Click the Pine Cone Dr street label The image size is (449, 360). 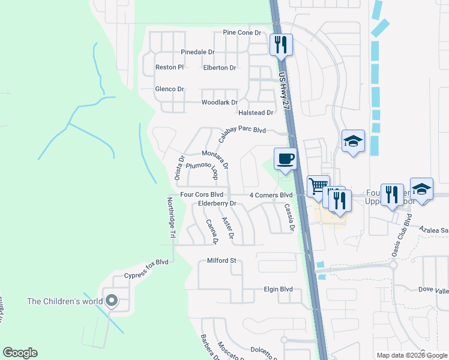(x=242, y=32)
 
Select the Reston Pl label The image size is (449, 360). (x=169, y=67)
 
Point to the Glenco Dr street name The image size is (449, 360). (x=169, y=89)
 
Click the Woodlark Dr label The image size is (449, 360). (x=219, y=103)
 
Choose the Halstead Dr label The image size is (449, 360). (x=256, y=112)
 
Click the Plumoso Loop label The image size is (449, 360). (x=200, y=170)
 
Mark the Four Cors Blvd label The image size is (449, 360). (x=202, y=194)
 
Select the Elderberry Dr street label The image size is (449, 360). (x=218, y=204)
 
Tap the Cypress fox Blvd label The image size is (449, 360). (x=146, y=269)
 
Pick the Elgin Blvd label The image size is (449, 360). (x=278, y=289)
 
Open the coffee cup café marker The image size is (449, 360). (x=285, y=159)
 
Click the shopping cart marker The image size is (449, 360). (x=318, y=185)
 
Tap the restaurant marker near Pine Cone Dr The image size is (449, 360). (x=280, y=44)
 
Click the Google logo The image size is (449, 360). (x=20, y=353)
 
